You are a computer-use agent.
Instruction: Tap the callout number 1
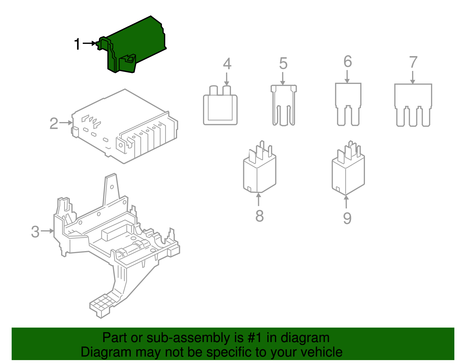coord(77,44)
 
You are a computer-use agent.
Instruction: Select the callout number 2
coord(54,124)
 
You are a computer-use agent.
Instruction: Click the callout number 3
coord(35,232)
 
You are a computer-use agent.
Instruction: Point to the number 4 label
coord(227,64)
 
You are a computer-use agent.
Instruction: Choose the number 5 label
coord(283,64)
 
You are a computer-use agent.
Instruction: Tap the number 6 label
coord(348,62)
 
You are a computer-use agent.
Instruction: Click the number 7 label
coord(413,62)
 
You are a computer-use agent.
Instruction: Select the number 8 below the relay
coord(260,216)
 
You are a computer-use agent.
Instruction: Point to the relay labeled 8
coord(259,171)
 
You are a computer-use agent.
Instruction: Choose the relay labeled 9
coord(348,173)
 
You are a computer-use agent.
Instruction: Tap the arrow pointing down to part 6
coord(347,77)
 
